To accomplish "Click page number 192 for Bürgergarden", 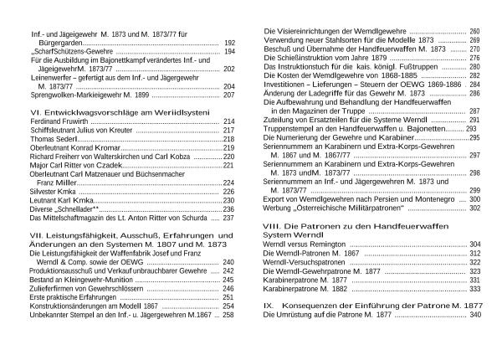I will tap(230, 42).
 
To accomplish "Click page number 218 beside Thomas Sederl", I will tap(229, 139).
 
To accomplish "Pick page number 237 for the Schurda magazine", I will tap(228, 218).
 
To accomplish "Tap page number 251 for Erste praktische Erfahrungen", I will tap(228, 297).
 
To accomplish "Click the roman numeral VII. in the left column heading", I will tap(38, 236).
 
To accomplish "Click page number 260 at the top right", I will tap(475, 31).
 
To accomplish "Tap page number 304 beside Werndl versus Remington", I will tap(475, 244).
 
